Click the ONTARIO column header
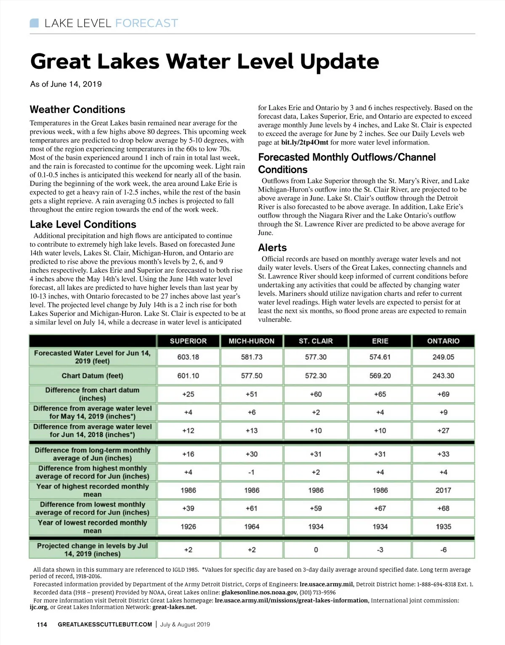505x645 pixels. point(443,341)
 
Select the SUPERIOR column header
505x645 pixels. point(188,341)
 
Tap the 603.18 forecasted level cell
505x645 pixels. point(188,357)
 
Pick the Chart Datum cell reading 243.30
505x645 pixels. point(443,376)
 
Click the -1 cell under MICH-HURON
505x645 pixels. point(251,472)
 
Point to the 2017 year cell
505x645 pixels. point(443,490)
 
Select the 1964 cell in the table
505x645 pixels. point(252,527)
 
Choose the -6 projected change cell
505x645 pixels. point(443,550)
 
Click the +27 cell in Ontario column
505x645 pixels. point(443,431)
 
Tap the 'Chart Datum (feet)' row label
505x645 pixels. point(93,376)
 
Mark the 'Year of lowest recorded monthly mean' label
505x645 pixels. point(93,527)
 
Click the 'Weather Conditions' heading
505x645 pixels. point(77,110)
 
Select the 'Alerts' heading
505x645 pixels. point(272,247)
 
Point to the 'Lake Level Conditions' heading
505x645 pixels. point(83,224)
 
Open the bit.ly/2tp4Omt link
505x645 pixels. point(305,142)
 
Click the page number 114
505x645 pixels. point(42,624)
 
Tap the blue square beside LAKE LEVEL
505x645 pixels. point(34,23)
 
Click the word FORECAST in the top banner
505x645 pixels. point(146,23)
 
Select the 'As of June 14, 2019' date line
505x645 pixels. point(66,84)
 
